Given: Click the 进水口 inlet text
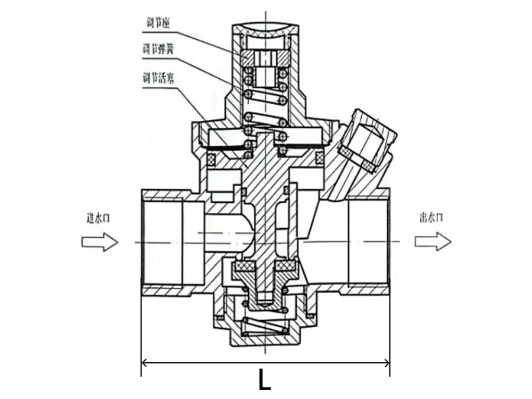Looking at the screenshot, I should (x=98, y=218).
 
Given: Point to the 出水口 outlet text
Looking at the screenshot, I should (x=431, y=217).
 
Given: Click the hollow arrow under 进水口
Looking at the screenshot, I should (x=99, y=242).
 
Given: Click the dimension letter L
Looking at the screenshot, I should (x=264, y=380).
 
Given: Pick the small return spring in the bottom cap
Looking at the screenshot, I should (x=264, y=326).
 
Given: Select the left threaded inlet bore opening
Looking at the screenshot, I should (x=162, y=242).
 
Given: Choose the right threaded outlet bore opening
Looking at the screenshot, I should (x=368, y=242).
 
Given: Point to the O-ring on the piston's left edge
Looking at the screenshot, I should (x=213, y=158).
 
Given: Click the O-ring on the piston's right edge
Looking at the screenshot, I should (x=319, y=158).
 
